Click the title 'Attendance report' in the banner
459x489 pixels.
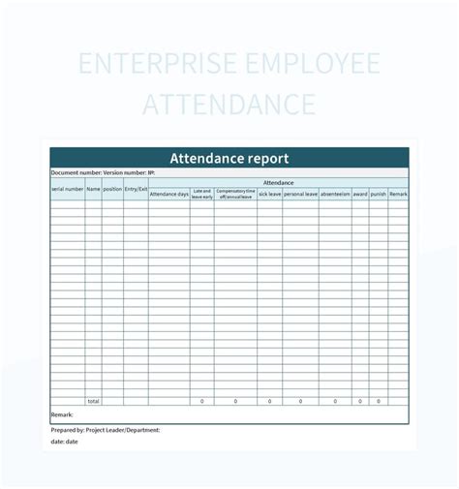point(229,158)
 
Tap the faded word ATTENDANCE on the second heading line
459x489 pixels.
point(229,105)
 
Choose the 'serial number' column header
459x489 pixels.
point(68,189)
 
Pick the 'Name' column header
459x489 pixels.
point(93,189)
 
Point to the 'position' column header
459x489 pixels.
point(112,189)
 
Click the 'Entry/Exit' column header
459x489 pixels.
point(136,189)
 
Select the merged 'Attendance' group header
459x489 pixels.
point(279,182)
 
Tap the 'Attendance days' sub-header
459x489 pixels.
point(169,195)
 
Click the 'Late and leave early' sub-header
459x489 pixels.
point(202,194)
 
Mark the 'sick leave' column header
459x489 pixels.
point(270,195)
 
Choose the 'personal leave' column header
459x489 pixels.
point(301,195)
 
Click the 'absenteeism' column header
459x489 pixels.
point(335,195)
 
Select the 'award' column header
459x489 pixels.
point(360,195)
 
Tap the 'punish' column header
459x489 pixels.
point(378,195)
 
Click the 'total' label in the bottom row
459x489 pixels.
point(93,401)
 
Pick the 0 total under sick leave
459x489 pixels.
point(270,401)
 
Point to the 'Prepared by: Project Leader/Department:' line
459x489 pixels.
point(106,429)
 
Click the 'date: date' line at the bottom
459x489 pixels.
point(66,441)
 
